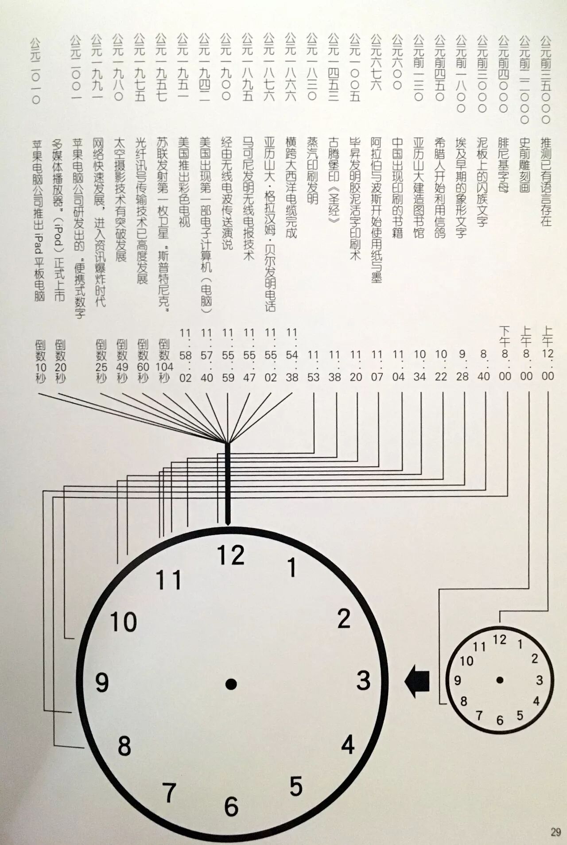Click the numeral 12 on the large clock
click(231, 555)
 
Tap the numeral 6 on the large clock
click(231, 806)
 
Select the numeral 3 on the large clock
click(363, 681)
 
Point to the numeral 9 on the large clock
click(102, 682)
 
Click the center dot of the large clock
click(231, 684)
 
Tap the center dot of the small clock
click(500, 680)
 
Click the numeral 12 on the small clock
click(499, 640)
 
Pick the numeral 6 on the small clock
click(500, 721)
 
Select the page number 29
click(555, 832)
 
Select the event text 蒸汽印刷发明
click(313, 170)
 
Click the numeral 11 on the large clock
click(169, 580)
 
